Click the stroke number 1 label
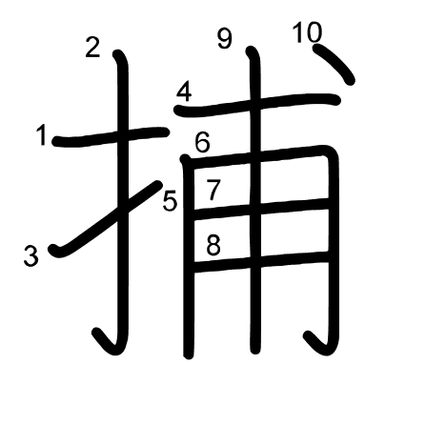42,135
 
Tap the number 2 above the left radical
92,48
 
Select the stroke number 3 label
31,256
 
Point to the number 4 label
184,91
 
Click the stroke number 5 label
170,201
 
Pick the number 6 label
202,143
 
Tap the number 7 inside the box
213,190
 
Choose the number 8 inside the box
213,245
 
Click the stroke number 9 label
225,39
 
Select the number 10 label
307,32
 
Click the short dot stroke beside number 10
334,65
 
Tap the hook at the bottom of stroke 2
108,343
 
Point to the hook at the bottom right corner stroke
321,345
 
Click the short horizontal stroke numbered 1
111,136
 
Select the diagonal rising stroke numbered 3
105,219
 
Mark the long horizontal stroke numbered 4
257,105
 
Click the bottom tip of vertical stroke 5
189,355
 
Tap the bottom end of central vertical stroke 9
254,350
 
